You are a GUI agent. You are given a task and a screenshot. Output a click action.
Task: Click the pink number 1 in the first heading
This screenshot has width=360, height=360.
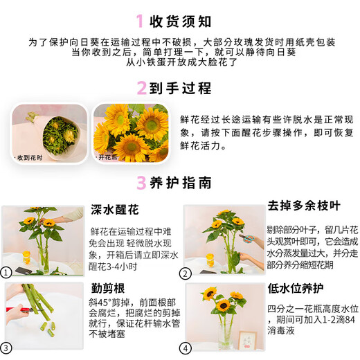tap(140, 20)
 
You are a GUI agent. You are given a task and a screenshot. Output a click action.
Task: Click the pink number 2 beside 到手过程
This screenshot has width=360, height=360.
tap(141, 88)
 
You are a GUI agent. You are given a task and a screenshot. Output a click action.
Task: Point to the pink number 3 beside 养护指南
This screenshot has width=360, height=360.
tap(141, 183)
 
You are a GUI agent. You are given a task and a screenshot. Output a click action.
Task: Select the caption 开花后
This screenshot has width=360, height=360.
tap(109, 157)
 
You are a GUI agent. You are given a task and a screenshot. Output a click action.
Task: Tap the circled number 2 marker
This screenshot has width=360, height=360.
tap(186, 273)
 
